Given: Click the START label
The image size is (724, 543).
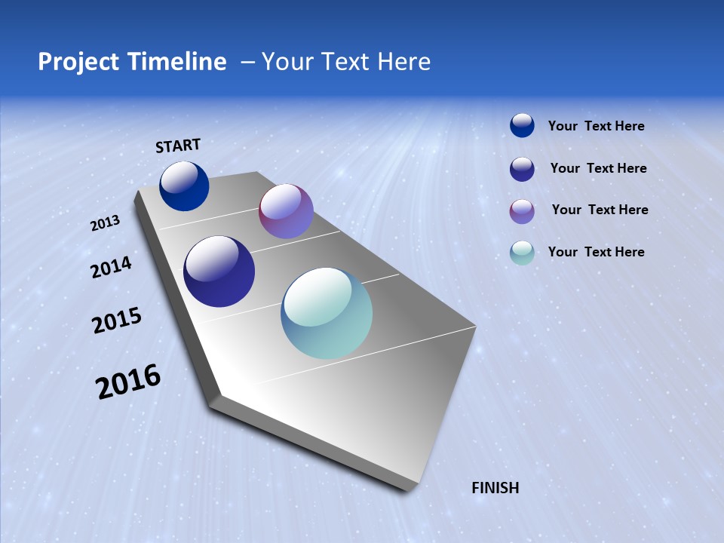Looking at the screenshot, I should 178,146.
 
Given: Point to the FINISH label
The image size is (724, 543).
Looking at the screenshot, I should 495,488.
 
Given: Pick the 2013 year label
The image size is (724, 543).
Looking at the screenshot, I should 105,223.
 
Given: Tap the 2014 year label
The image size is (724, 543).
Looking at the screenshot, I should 111,267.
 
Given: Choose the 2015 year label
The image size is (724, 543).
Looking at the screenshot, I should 116,321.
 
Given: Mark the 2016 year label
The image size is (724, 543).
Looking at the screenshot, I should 128,382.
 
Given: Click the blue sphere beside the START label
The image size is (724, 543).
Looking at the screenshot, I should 184,186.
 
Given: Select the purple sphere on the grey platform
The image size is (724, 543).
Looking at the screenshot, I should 286,211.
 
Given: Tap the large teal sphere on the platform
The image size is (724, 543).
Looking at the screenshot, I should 327,313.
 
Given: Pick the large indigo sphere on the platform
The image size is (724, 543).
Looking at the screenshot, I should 219,271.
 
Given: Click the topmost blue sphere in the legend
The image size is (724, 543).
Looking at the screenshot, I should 522,125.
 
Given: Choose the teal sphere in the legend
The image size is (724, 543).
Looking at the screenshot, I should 522,253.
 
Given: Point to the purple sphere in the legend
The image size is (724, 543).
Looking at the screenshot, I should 522,211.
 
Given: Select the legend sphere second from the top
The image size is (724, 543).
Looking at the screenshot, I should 522,169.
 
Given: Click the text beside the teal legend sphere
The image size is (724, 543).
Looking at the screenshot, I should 596,252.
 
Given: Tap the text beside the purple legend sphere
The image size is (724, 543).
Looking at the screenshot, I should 600,210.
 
